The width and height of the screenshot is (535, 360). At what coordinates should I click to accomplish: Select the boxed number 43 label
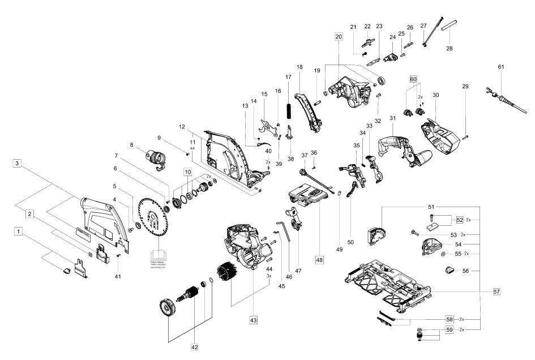click(253, 320)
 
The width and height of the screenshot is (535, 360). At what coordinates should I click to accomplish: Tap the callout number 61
click(500, 67)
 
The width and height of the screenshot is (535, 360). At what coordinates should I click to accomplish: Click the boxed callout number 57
click(496, 291)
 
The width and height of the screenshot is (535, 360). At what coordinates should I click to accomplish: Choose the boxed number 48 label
click(319, 260)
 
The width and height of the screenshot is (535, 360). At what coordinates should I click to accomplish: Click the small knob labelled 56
click(450, 270)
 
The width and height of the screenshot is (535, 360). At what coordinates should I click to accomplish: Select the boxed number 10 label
click(187, 172)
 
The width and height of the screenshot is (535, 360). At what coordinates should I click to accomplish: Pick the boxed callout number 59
click(449, 329)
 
